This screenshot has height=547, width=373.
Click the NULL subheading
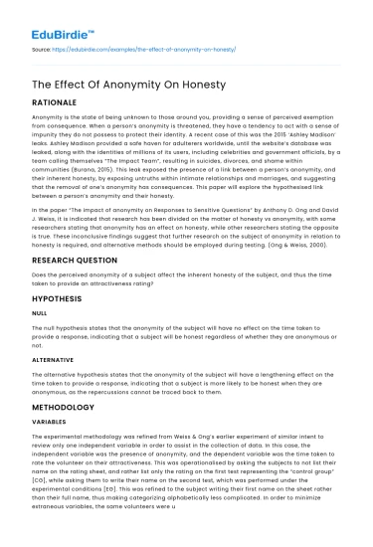click(40, 341)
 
